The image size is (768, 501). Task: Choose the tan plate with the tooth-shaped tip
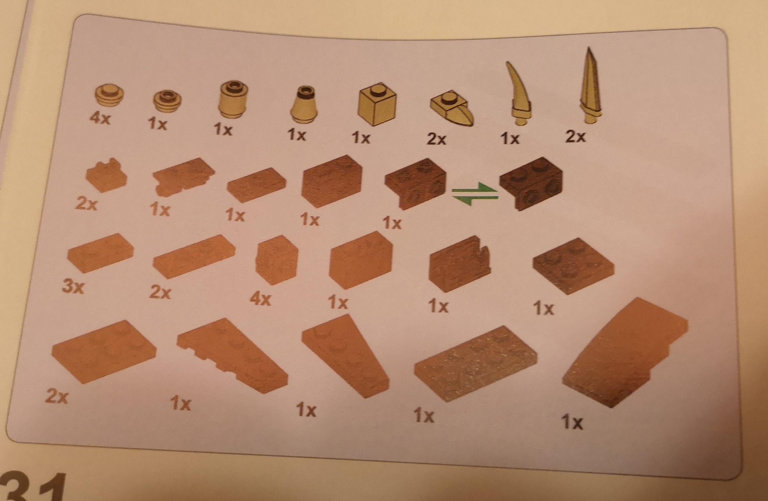452,109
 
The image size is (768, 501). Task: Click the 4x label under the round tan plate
100,118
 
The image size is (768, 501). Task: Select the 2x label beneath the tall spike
575,137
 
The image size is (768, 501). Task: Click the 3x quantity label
74,287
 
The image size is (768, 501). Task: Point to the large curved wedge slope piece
625,352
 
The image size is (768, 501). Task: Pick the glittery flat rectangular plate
476,364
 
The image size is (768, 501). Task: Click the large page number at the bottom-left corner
32,487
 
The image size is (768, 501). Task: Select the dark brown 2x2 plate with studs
573,266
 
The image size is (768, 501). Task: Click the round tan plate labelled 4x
110,95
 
